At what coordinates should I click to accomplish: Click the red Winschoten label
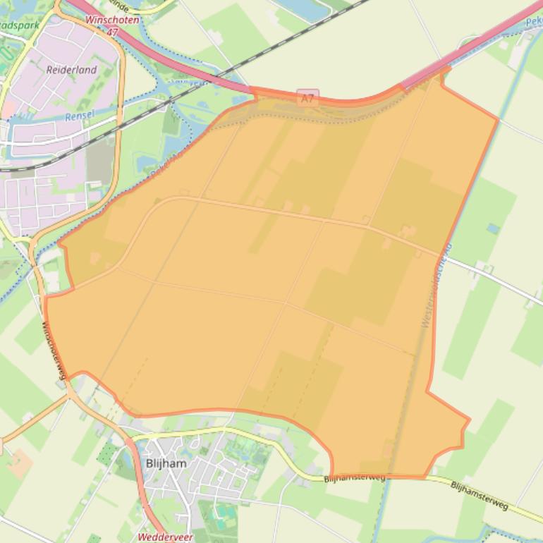point(112,20)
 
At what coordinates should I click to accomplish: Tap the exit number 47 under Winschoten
point(114,31)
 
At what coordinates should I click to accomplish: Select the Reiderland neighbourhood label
point(71,70)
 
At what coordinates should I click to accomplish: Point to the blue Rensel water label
point(79,116)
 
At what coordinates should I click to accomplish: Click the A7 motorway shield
point(307,97)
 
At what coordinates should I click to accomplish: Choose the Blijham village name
point(166,463)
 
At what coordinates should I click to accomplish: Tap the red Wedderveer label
point(165,537)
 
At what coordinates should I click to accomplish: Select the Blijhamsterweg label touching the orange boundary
point(355,478)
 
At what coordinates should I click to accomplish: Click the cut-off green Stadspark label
point(19,24)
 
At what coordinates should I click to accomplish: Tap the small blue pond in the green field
point(492,228)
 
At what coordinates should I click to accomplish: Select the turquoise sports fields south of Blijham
point(226,511)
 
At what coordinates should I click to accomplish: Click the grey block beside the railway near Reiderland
point(100,159)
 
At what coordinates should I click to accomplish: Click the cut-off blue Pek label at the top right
point(534,22)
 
